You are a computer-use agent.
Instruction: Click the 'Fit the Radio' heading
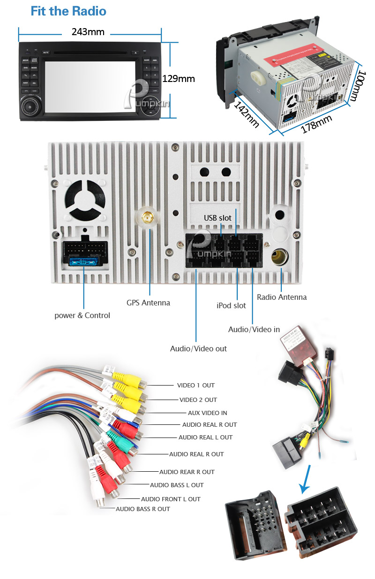(x=68, y=11)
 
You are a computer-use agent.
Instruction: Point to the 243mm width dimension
(x=88, y=32)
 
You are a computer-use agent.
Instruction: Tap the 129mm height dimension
(x=178, y=79)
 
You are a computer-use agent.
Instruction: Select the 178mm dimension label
(x=316, y=124)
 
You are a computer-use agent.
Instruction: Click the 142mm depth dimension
(x=247, y=114)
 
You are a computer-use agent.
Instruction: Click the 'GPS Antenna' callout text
(x=148, y=303)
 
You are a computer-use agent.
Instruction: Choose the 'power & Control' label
(x=82, y=315)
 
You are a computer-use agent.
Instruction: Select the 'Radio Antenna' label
(x=282, y=297)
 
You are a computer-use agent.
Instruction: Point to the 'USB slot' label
(x=217, y=218)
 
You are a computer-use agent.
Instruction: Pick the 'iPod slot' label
(x=231, y=305)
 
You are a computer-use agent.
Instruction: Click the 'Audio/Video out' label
(x=198, y=349)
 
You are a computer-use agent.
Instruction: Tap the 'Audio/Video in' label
(x=254, y=329)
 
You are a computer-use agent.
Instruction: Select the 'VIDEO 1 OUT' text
(x=195, y=385)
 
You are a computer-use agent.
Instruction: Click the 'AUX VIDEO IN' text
(x=207, y=413)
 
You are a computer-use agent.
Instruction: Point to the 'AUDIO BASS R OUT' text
(x=143, y=509)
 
